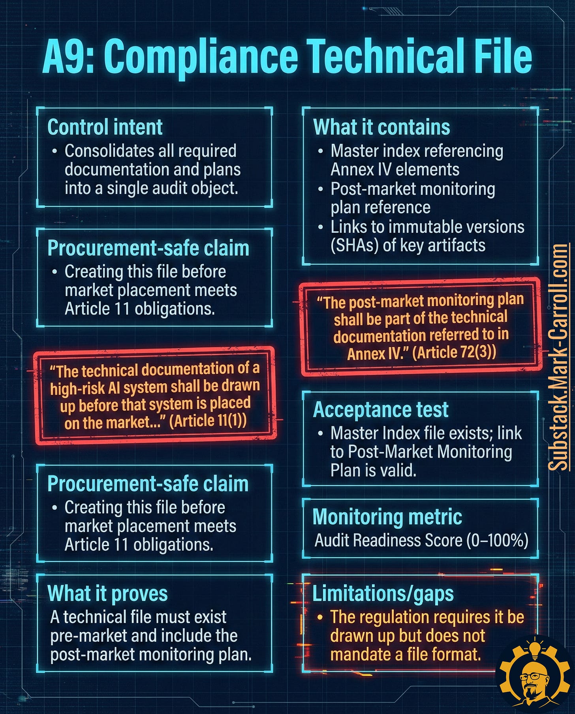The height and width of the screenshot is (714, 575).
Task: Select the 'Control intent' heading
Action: point(105,127)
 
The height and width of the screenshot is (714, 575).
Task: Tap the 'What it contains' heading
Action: point(381,127)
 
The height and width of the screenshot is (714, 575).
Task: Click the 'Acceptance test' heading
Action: point(381,410)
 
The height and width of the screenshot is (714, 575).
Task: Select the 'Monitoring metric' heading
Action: point(387,517)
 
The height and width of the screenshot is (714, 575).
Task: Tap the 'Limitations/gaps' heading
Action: point(383,593)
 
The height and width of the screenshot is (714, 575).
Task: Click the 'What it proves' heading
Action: point(107,593)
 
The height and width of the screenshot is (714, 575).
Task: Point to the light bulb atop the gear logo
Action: point(534,648)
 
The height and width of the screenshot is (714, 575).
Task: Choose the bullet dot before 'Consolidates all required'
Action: point(55,151)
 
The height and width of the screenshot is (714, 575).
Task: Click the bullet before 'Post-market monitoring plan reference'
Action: point(321,189)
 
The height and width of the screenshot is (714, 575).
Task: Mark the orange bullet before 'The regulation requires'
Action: point(320,617)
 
